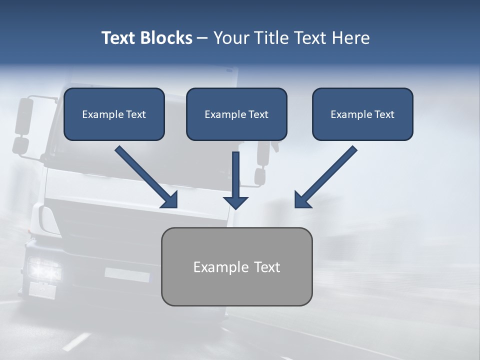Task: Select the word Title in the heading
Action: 270,38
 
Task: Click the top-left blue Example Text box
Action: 114,114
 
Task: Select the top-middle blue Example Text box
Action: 236,114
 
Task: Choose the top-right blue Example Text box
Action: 362,114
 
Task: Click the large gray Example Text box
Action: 236,266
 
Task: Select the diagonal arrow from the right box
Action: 325,177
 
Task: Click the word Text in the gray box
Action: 267,267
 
